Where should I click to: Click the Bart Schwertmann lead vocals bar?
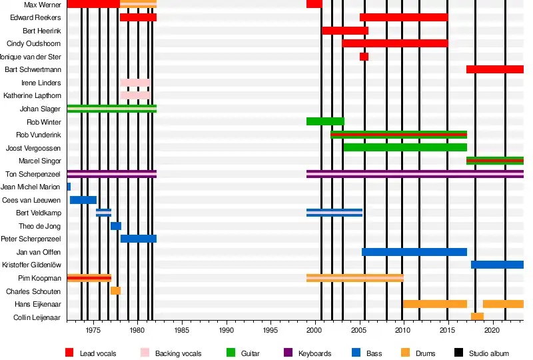[494, 69]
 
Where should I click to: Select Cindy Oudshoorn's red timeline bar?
[395, 43]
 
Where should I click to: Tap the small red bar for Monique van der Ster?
[364, 57]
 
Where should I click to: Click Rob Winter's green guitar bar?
[325, 121]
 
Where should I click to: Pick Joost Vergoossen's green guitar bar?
[404, 147]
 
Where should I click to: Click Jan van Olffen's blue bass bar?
[414, 252]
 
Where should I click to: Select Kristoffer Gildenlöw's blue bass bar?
[497, 265]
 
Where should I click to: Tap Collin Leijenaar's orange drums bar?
[477, 317]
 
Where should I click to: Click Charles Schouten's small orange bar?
[115, 291]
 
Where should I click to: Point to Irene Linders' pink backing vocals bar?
[135, 83]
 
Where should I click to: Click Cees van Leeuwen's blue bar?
[83, 200]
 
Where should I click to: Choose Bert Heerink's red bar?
[345, 31]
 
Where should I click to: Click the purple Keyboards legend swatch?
[288, 353]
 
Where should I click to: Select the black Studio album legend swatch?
[459, 353]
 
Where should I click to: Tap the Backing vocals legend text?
[178, 353]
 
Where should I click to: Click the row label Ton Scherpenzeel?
[33, 174]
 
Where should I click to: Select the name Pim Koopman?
[41, 278]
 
